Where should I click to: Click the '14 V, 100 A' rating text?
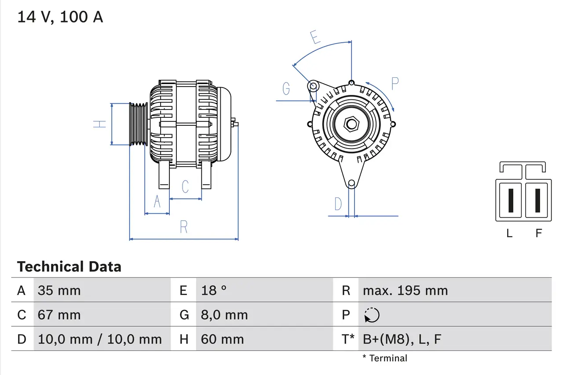point(60,17)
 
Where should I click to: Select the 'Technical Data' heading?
point(69,267)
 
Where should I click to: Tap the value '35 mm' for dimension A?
point(59,291)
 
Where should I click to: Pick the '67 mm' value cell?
point(59,315)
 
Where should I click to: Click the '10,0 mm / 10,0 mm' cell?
point(100,339)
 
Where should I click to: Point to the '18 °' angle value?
point(214,291)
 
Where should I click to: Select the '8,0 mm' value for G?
point(224,315)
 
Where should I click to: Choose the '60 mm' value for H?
point(222,339)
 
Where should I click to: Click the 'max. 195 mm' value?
point(405,291)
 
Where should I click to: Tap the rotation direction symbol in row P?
point(372,315)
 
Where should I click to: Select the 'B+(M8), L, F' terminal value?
point(402,339)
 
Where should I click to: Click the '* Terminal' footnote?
point(385,358)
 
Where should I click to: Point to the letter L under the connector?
point(509,233)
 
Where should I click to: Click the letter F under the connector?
point(538,233)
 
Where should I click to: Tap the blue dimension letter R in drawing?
point(184,227)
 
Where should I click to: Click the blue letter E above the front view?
point(314,37)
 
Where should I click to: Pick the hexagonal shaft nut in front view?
point(351,124)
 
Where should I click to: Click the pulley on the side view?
point(138,124)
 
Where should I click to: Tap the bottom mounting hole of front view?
point(351,183)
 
